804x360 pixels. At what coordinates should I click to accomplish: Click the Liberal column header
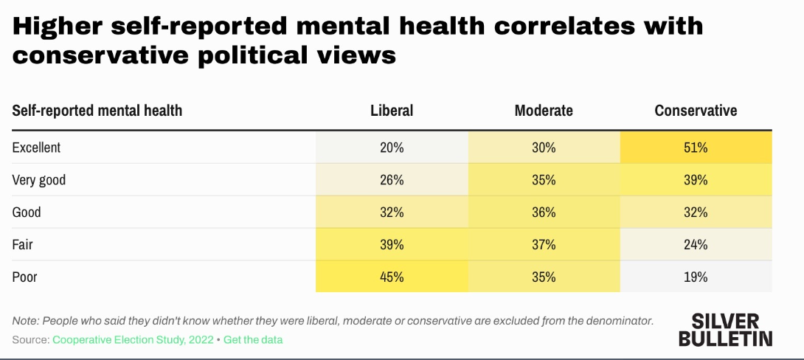click(x=392, y=111)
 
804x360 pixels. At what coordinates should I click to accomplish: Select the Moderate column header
click(x=544, y=111)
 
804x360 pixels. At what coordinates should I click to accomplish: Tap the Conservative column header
click(x=696, y=111)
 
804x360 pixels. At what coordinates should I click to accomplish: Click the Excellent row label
click(x=36, y=148)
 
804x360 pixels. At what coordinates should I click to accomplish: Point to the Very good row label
click(x=39, y=180)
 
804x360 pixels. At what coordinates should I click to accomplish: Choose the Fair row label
click(x=23, y=244)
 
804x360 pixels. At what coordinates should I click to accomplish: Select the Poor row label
click(x=24, y=277)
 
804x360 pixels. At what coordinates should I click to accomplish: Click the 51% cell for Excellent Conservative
click(x=696, y=148)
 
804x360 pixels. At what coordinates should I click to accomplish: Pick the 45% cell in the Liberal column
click(x=392, y=277)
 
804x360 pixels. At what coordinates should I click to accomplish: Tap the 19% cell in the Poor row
click(x=696, y=277)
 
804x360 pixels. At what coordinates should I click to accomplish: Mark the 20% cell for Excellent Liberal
click(x=392, y=148)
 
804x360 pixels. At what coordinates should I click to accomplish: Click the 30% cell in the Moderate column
click(x=544, y=148)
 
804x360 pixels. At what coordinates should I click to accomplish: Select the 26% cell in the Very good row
click(x=392, y=180)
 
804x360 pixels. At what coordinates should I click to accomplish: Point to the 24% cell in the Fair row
click(x=696, y=244)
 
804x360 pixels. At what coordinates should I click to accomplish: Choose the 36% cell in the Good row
click(x=544, y=212)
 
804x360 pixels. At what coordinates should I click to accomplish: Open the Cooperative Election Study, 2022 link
click(x=133, y=339)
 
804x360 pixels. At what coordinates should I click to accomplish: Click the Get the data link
click(x=253, y=339)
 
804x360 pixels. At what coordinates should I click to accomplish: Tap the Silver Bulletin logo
click(x=725, y=330)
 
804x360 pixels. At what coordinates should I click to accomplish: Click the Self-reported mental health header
click(x=97, y=111)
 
